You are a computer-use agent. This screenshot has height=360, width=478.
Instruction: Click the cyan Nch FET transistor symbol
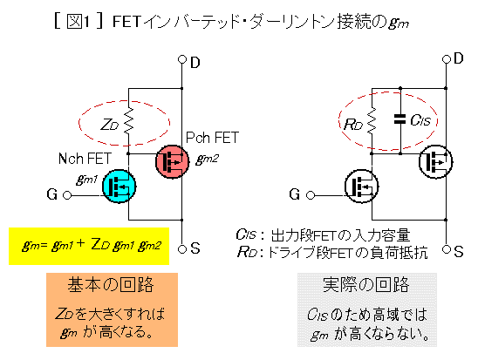coord(119,186)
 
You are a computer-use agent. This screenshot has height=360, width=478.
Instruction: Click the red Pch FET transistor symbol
coord(172,161)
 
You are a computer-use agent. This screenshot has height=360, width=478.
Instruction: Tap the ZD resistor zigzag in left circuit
coord(128,121)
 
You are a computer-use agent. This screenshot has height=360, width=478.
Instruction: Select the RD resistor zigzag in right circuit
coord(372,121)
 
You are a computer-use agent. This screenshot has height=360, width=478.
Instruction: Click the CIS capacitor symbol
coord(400,119)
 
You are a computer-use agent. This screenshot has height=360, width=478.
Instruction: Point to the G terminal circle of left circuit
coord(67,195)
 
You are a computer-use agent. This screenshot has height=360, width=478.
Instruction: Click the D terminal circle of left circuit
coord(182,59)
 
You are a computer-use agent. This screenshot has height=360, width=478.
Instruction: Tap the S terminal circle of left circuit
coord(182,249)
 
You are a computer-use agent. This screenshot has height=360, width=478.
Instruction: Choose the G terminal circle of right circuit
coord(311,195)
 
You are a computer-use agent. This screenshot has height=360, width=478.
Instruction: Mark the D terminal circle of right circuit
coord(446,59)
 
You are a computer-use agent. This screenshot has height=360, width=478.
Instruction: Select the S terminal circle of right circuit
coord(446,249)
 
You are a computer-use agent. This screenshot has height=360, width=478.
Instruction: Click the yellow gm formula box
coord(89,246)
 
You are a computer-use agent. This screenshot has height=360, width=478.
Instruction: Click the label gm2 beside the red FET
coord(207,159)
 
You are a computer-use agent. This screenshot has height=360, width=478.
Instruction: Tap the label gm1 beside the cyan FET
coord(87,180)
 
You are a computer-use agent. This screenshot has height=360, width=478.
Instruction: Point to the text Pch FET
coord(212,138)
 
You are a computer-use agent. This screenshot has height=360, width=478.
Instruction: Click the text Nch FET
coord(85,159)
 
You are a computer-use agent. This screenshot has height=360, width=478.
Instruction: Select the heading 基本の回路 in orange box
coord(111,285)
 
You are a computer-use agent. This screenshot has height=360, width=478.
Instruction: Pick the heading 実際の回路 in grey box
coord(366,285)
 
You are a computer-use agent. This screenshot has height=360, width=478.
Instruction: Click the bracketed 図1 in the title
coord(79,21)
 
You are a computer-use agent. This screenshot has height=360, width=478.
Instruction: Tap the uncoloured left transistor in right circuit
coord(361,186)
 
